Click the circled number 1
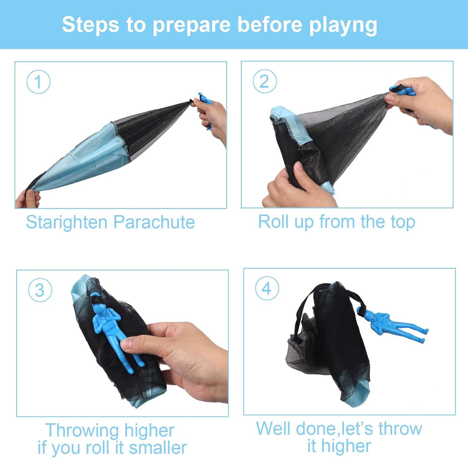pyautogui.click(x=38, y=82)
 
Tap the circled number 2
pyautogui.click(x=265, y=81)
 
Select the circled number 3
pyautogui.click(x=40, y=290)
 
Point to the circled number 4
pyautogui.click(x=267, y=288)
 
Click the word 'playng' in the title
pyautogui.click(x=343, y=25)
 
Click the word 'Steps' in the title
pyautogui.click(x=90, y=25)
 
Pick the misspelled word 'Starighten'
pyautogui.click(x=66, y=223)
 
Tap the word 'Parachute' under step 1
pyautogui.click(x=154, y=222)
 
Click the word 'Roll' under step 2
pyautogui.click(x=271, y=222)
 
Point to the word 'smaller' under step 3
pyautogui.click(x=158, y=448)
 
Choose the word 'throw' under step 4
pyautogui.click(x=400, y=429)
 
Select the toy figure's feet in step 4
pyautogui.click(x=424, y=335)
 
